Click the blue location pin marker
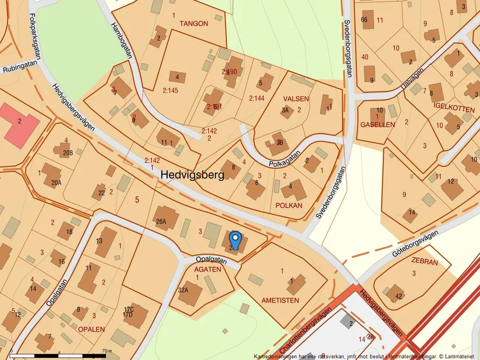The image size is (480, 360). coord(235,240)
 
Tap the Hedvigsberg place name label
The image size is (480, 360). coord(191,174)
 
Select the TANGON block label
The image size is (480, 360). coord(194,24)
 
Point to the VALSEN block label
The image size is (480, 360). coord(296,99)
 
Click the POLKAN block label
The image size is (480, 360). coord(289,206)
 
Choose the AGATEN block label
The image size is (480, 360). coord(207,269)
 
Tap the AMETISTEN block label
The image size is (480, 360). coord(280,300)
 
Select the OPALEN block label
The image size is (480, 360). coord(91,329)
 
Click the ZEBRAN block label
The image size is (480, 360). coord(424,262)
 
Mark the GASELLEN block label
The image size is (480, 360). coord(378,124)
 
